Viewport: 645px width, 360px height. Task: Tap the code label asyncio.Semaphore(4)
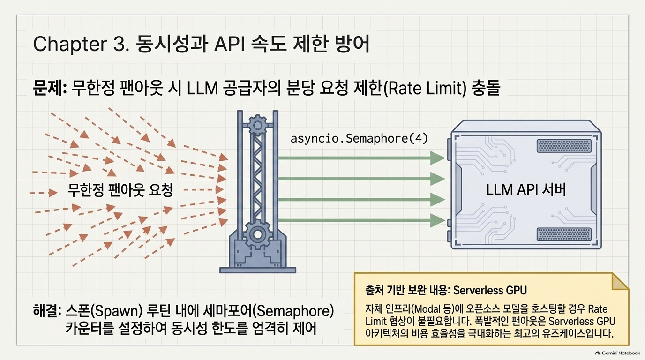(x=359, y=139)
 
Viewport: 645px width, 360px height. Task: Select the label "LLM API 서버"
(x=526, y=190)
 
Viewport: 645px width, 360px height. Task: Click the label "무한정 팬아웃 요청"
(x=120, y=190)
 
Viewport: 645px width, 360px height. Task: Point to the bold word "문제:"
(x=50, y=88)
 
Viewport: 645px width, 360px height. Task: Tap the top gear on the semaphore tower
(x=257, y=125)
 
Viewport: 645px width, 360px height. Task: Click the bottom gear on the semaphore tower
(x=257, y=234)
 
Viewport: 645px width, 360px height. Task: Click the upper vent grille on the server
(x=564, y=146)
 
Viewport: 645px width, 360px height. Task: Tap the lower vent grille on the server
(x=564, y=234)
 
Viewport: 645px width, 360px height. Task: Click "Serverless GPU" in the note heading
(x=490, y=290)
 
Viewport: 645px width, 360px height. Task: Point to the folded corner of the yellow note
(x=619, y=281)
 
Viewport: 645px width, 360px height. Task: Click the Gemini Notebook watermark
(x=618, y=353)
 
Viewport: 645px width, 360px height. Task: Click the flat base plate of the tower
(x=258, y=270)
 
